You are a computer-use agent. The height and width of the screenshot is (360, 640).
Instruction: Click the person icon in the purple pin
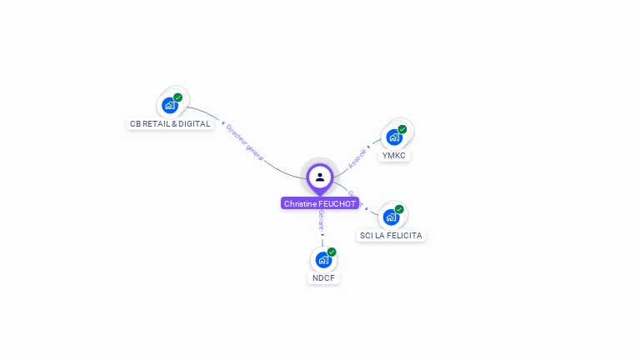click(x=320, y=177)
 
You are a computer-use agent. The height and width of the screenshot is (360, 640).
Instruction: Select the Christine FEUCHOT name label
click(x=320, y=203)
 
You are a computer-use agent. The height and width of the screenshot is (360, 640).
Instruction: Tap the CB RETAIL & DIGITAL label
click(x=170, y=124)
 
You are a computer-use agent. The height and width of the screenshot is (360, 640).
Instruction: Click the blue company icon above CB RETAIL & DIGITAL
click(x=170, y=105)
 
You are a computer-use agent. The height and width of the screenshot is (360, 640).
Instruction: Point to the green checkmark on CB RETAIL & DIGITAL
click(x=178, y=97)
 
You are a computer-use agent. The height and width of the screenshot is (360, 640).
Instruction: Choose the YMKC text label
click(x=394, y=156)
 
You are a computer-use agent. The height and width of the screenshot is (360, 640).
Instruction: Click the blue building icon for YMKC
click(x=394, y=137)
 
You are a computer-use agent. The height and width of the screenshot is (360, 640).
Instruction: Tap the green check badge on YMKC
click(x=402, y=129)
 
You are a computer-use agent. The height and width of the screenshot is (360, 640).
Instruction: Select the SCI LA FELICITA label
click(x=391, y=236)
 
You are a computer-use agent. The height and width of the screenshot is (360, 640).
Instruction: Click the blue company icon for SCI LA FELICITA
click(x=391, y=217)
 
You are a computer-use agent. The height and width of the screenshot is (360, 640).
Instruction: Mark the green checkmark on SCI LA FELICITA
click(x=399, y=209)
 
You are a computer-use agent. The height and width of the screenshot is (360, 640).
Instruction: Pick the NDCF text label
click(x=323, y=278)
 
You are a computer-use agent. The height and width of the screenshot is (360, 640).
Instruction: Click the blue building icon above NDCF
click(x=323, y=259)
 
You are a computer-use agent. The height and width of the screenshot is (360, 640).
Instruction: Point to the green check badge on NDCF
click(x=332, y=252)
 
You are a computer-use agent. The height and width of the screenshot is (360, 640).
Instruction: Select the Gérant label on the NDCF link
click(x=322, y=220)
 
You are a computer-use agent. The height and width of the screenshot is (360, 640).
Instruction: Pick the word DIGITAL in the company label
click(x=194, y=124)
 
